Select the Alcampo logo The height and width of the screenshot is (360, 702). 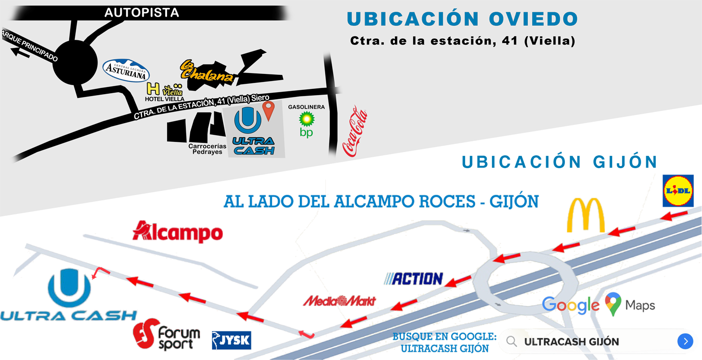[178, 232]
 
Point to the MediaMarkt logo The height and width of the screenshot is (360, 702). [339, 301]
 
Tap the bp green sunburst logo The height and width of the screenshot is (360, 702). [307, 120]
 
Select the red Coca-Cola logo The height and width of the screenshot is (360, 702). [355, 131]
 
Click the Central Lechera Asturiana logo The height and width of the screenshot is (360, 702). [126, 71]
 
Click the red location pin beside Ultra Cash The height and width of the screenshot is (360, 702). [268, 110]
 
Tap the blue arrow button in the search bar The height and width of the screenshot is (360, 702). [685, 341]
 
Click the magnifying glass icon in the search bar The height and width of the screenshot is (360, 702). [512, 342]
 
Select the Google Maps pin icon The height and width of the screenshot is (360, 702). [613, 303]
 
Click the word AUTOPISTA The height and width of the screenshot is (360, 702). [141, 13]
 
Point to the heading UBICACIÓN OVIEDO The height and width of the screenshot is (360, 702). [462, 19]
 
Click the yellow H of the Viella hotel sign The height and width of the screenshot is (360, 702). [153, 88]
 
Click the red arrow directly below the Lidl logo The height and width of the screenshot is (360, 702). [674, 216]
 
